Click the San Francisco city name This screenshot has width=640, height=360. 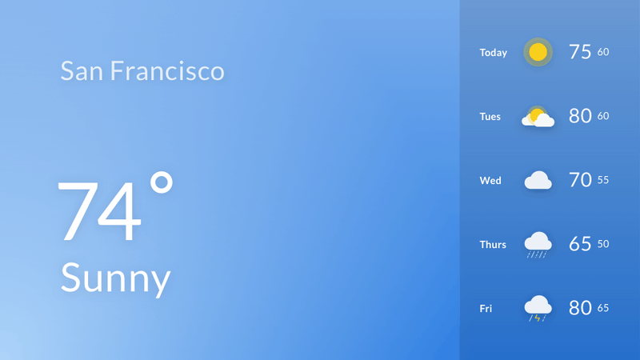click(142, 70)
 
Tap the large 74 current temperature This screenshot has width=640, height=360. click(99, 211)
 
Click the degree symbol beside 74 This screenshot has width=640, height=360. click(162, 182)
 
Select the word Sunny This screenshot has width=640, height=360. click(115, 278)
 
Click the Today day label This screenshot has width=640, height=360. click(493, 53)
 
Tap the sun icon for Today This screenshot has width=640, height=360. click(538, 52)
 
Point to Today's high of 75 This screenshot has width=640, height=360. click(580, 52)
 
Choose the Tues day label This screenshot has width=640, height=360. click(490, 117)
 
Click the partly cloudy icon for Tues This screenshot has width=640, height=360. click(538, 117)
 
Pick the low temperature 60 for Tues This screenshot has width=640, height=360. click(603, 116)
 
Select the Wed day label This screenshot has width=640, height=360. click(490, 181)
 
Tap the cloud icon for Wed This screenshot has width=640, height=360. click(538, 181)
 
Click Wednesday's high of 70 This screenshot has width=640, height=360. click(580, 180)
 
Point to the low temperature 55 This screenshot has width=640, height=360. click(603, 180)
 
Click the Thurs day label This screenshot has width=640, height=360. click(493, 245)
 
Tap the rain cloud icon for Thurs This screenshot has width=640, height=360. click(538, 245)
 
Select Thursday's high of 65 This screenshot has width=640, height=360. click(580, 244)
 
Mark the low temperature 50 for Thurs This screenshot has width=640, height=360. click(603, 244)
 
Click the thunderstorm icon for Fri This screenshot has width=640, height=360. click(538, 309)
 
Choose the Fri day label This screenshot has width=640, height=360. click(486, 309)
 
